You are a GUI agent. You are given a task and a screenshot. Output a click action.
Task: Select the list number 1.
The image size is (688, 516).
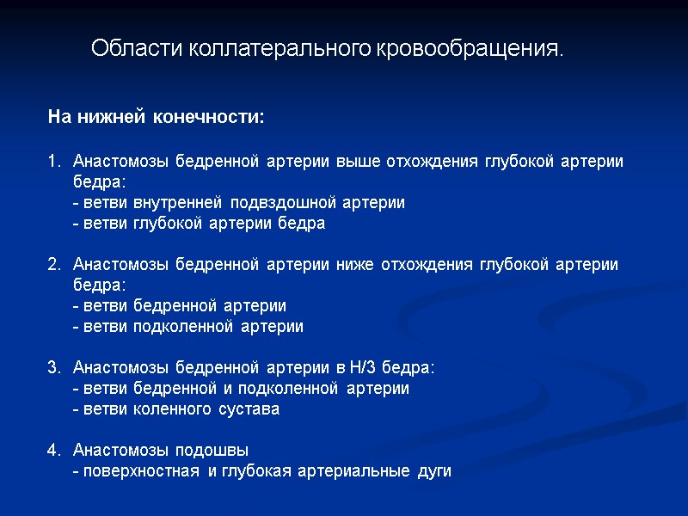52,162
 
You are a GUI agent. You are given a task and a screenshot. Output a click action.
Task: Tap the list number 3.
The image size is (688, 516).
52,368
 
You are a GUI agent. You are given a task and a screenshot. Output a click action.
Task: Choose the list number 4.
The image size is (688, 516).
52,450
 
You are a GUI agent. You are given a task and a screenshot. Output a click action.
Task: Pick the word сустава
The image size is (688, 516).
249,409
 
